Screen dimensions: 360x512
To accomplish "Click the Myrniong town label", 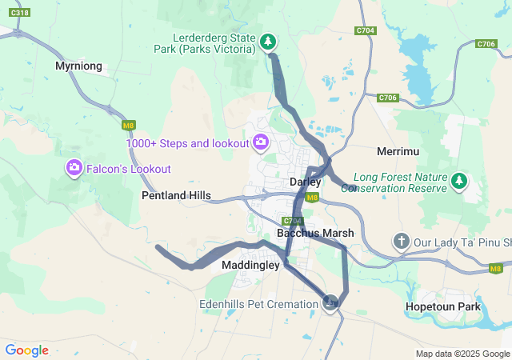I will coord(78,66).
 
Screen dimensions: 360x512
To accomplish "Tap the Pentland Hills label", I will coord(176,195).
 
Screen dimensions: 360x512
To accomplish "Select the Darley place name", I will coord(305,182).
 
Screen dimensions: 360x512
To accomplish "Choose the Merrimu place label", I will coord(398,150).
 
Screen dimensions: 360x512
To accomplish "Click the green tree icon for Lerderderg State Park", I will coord(269,41).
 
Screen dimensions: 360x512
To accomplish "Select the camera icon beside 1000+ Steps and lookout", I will coord(260,143).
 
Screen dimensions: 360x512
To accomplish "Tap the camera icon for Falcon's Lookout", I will coord(74,168).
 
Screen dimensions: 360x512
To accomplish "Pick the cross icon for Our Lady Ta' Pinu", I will coord(401,241).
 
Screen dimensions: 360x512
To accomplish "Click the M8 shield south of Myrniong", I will coord(128,125).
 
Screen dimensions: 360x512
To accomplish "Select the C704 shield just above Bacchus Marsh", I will coord(291,221).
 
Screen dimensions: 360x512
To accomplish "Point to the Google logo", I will coord(26,350).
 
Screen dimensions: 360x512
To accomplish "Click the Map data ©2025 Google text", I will coord(462,354).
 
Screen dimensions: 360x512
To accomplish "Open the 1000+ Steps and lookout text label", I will coord(187,143).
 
